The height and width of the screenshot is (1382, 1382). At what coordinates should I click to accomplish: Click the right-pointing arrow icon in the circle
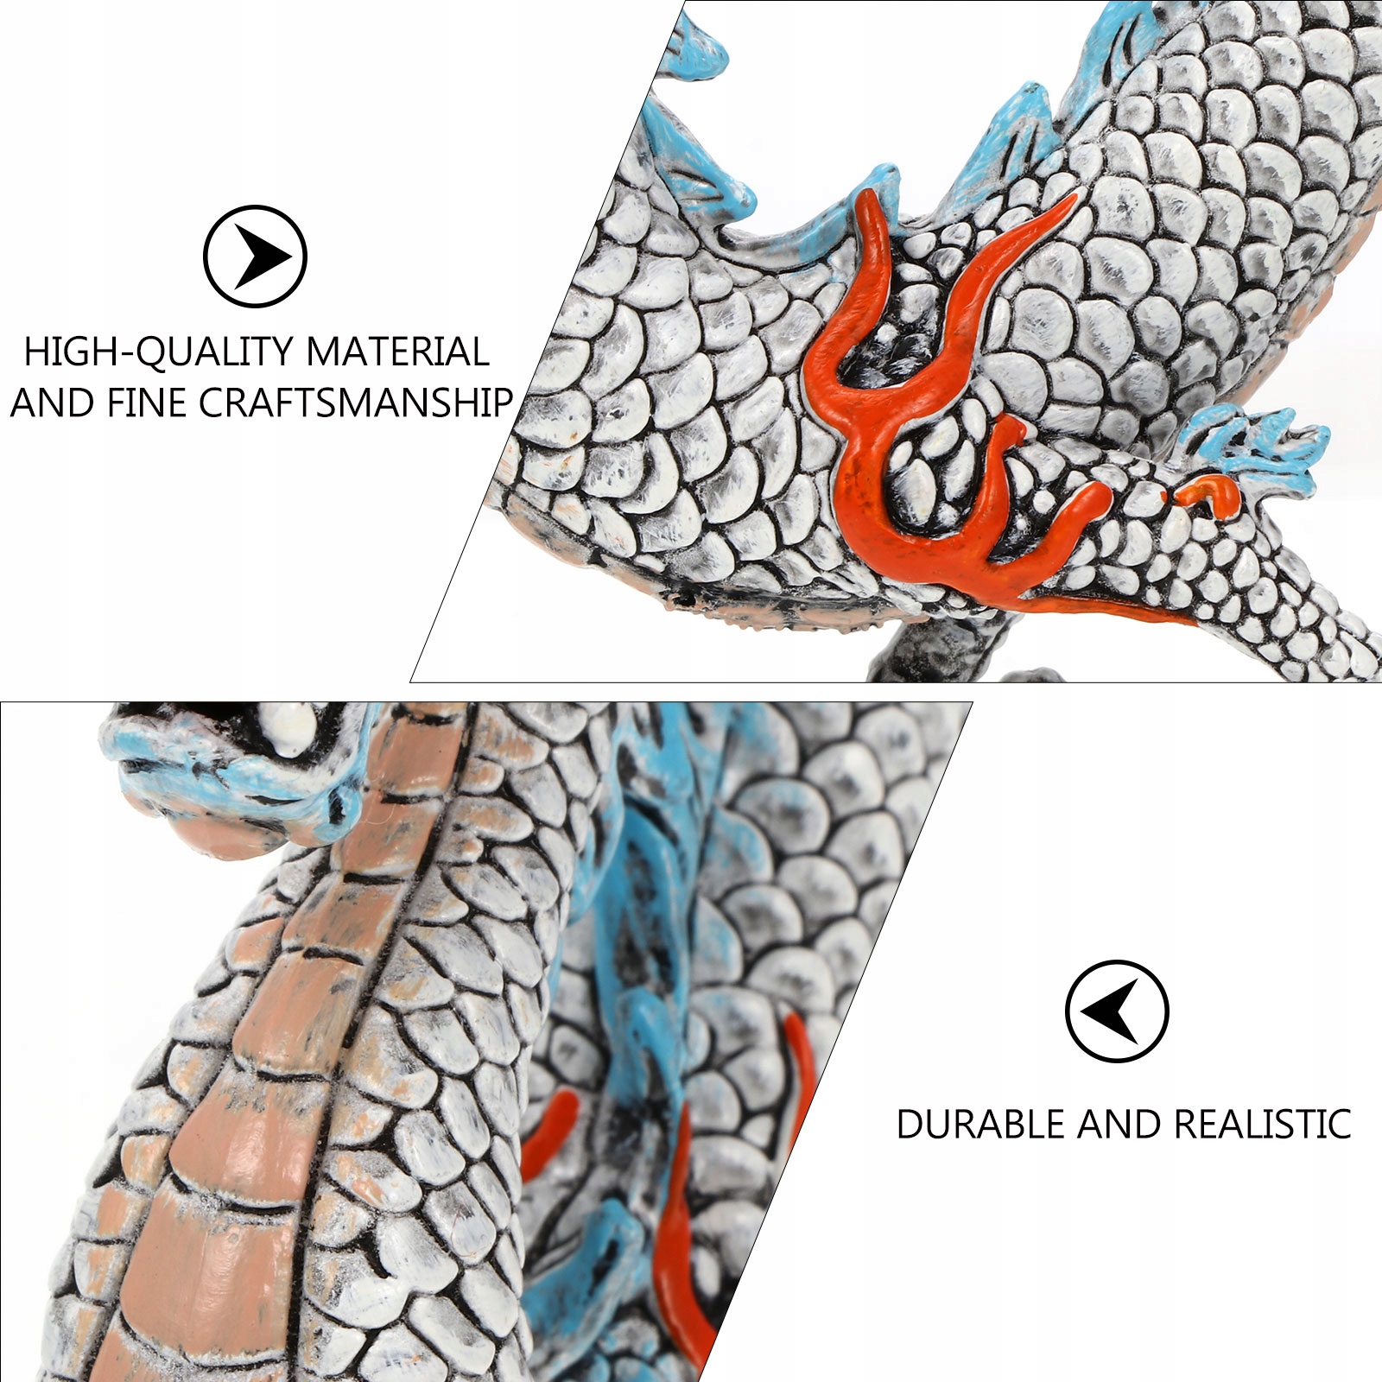(x=255, y=256)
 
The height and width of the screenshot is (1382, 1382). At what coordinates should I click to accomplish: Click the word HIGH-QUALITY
(x=160, y=352)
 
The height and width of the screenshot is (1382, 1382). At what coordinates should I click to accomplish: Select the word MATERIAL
(x=397, y=352)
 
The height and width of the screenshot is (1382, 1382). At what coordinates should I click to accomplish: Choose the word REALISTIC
(x=1263, y=1124)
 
